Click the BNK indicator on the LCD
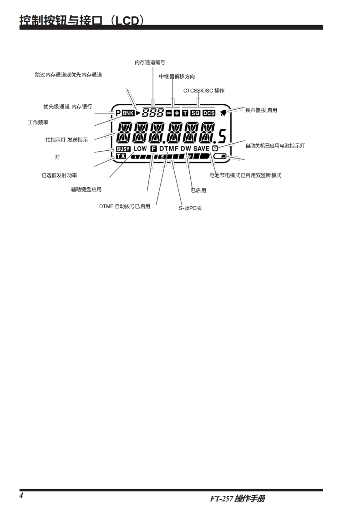[x=129, y=112]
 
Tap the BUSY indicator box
[x=123, y=149]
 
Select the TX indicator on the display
[x=121, y=156]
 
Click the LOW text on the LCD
[x=140, y=149]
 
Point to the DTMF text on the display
[x=169, y=149]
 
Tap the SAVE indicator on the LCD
[x=201, y=149]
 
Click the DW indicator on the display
[x=186, y=149]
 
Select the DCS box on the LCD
[x=208, y=112]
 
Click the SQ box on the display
[x=195, y=112]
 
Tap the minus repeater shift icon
[x=168, y=112]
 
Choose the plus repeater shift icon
[x=177, y=112]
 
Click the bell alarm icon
[x=224, y=112]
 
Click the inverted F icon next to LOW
[x=153, y=149]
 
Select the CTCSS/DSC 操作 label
[x=204, y=91]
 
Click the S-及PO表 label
[x=190, y=208]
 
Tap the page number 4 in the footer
[x=21, y=495]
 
